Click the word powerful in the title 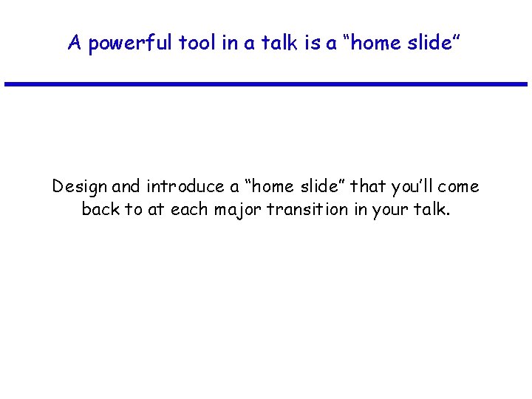coord(130,43)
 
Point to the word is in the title coord(310,43)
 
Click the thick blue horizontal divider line coord(266,84)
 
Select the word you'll coord(417,186)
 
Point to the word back coord(101,209)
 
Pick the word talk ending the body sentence coord(429,209)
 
